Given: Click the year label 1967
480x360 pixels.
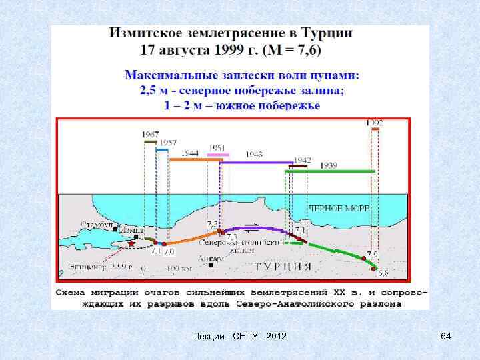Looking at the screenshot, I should [151, 135].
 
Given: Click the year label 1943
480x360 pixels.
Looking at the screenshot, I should [254, 155].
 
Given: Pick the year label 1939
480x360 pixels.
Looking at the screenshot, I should [328, 165].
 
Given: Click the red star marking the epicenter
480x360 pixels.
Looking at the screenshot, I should [132, 243].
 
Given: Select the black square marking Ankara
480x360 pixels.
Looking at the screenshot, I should [211, 265].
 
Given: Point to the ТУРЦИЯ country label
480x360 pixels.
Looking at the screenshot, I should [284, 266].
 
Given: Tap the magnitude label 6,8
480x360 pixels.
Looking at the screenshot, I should [383, 273].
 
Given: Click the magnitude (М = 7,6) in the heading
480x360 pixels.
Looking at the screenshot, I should [287, 49].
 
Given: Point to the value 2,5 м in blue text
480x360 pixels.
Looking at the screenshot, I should [153, 91].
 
